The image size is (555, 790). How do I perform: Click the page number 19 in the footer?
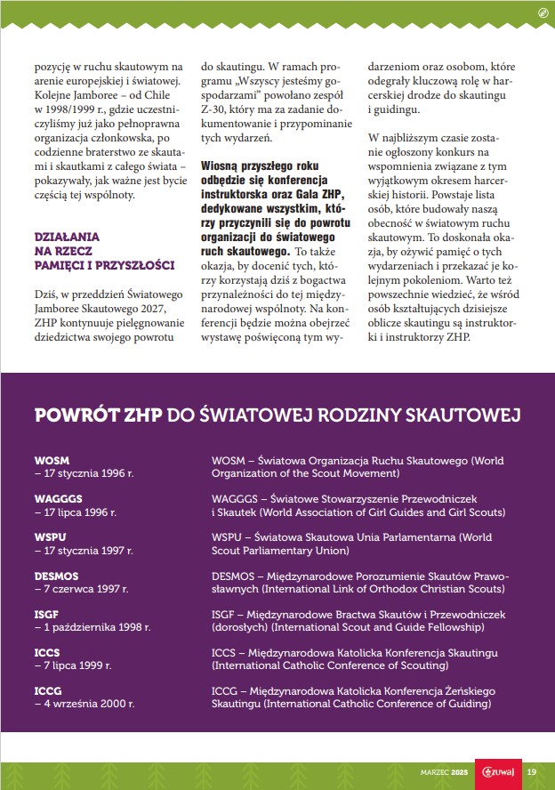(x=531, y=771)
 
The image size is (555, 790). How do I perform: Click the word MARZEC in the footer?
(x=437, y=771)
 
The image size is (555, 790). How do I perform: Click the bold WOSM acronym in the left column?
(x=51, y=460)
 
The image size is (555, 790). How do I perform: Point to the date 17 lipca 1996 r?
(x=76, y=512)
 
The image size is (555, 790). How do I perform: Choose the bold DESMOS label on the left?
(x=56, y=576)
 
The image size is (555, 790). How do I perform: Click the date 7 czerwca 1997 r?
(x=81, y=589)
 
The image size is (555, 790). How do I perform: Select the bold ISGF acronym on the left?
(x=47, y=615)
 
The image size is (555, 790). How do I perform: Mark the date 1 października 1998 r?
(x=92, y=627)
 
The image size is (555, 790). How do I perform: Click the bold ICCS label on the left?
(x=47, y=653)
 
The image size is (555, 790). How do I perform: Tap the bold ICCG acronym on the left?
(x=48, y=691)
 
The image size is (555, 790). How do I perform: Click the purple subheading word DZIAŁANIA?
(x=68, y=238)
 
